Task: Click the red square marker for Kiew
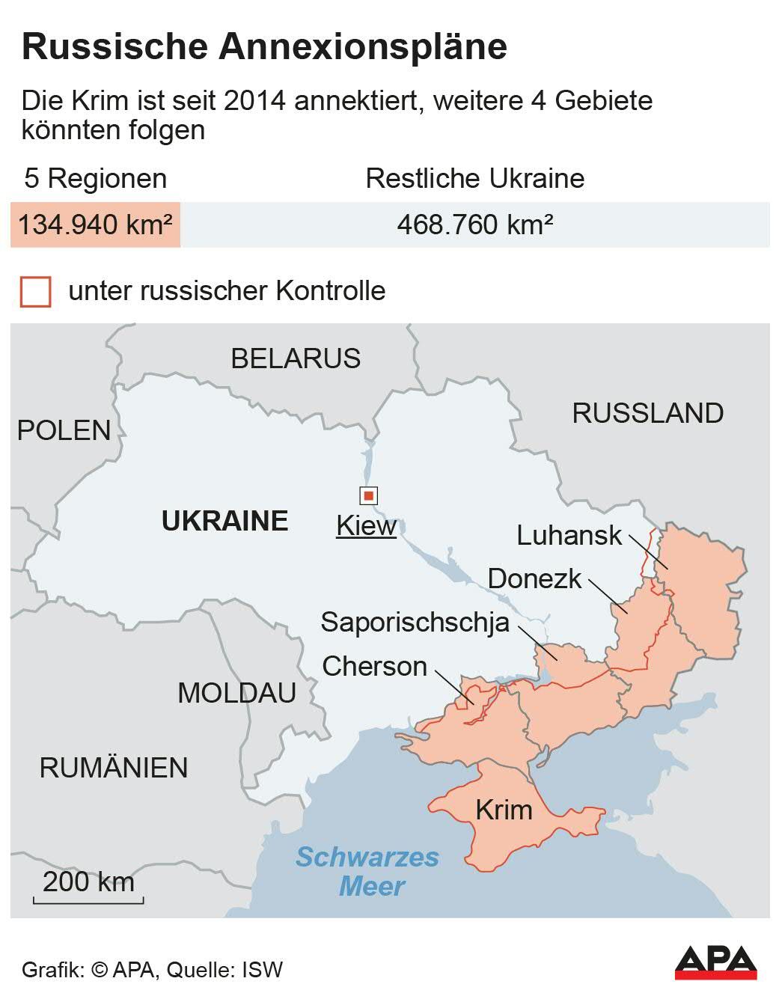point(368,495)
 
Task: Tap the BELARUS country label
point(296,358)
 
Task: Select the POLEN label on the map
point(64,430)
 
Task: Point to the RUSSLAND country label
point(647,413)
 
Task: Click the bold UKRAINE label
point(225,521)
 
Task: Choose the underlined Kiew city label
point(366,525)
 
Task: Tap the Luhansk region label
point(569,535)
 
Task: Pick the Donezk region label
point(534,578)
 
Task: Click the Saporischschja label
point(415,622)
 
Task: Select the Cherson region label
point(374,666)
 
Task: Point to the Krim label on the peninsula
point(504,810)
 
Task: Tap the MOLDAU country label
point(236,693)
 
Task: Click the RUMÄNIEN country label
point(114,768)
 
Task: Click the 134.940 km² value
point(95,224)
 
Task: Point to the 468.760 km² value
point(474,224)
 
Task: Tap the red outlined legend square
point(35,291)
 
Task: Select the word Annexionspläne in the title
point(363,46)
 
